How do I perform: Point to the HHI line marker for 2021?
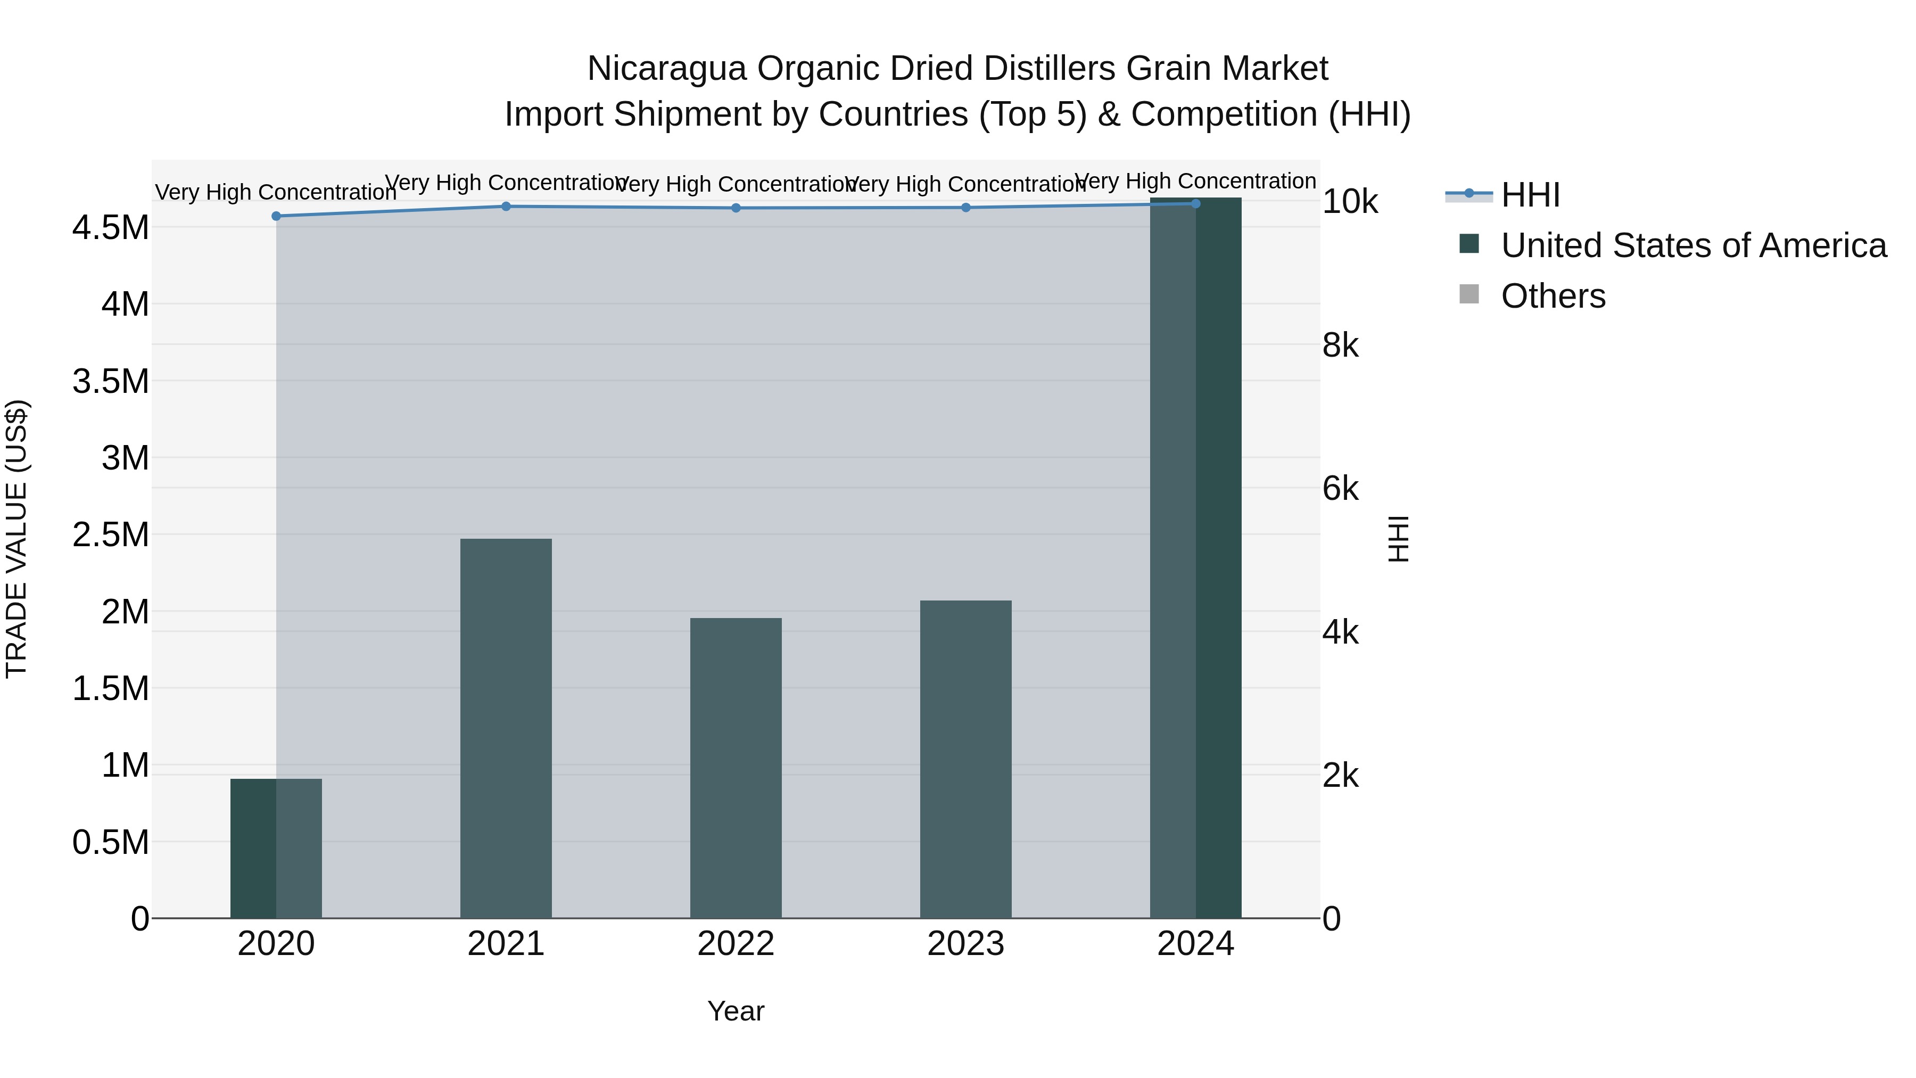click(506, 206)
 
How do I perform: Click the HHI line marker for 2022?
click(736, 208)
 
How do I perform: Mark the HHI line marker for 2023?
click(965, 208)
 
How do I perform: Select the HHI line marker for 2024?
click(1195, 204)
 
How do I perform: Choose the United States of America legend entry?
click(1693, 245)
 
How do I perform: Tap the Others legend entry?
click(1553, 296)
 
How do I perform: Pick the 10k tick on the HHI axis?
click(1350, 202)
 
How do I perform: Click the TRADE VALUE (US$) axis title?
click(16, 539)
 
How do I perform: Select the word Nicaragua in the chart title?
click(666, 69)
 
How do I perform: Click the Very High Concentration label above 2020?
click(276, 193)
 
